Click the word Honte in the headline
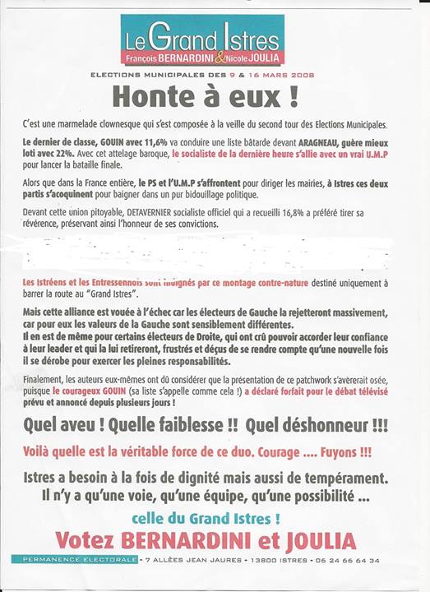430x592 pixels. click(x=147, y=97)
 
